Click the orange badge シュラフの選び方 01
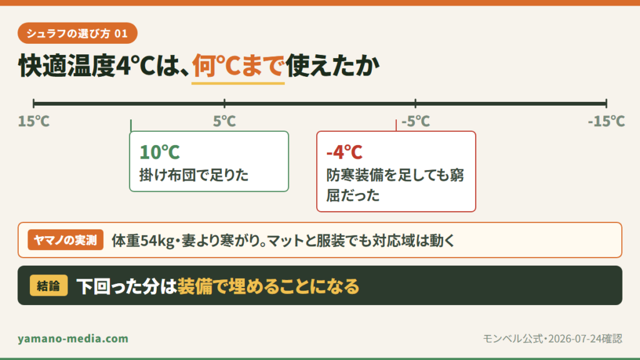pyautogui.click(x=77, y=33)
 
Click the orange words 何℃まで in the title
pyautogui.click(x=238, y=65)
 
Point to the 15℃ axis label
pyautogui.click(x=34, y=121)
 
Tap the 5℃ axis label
pyautogui.click(x=224, y=121)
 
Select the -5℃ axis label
pyautogui.click(x=416, y=121)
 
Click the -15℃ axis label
pyautogui.click(x=606, y=121)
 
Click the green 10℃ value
pyautogui.click(x=159, y=152)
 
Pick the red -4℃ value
pyautogui.click(x=344, y=152)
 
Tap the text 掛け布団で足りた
pyautogui.click(x=194, y=175)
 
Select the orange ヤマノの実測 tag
pyautogui.click(x=65, y=240)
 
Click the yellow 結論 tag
pyautogui.click(x=49, y=285)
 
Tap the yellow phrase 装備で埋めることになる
pyautogui.click(x=268, y=286)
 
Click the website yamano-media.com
pyautogui.click(x=73, y=338)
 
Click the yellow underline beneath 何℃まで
pyautogui.click(x=238, y=83)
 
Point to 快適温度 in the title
pyautogui.click(x=67, y=65)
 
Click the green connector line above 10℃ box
pyautogui.click(x=131, y=125)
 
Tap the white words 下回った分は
pyautogui.click(x=126, y=286)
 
